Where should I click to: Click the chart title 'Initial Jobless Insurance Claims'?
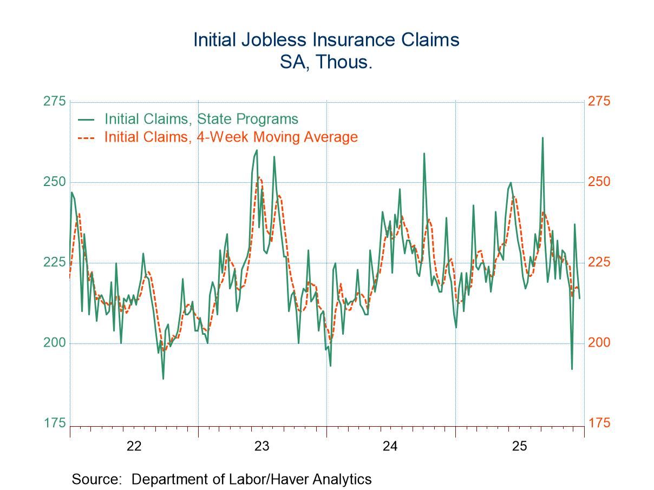[326, 40]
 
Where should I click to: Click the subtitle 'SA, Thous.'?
[326, 62]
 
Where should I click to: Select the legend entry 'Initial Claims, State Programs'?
[201, 118]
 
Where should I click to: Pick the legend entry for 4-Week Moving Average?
[231, 137]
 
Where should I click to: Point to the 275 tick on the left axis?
[54, 102]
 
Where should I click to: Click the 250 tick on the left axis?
[54, 182]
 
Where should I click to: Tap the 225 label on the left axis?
[54, 262]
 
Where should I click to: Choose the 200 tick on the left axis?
[54, 343]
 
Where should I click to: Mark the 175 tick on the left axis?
[54, 423]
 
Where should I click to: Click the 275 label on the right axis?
[599, 102]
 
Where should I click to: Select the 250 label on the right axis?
[599, 182]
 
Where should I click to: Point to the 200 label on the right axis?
[599, 343]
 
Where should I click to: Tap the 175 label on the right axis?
[599, 423]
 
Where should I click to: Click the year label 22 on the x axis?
[134, 446]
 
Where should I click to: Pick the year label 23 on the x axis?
[262, 446]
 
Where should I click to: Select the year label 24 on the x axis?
[390, 446]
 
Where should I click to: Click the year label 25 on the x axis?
[519, 446]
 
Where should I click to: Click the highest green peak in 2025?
[542, 138]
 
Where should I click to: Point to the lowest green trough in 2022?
[163, 378]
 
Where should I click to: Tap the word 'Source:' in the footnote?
[99, 479]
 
